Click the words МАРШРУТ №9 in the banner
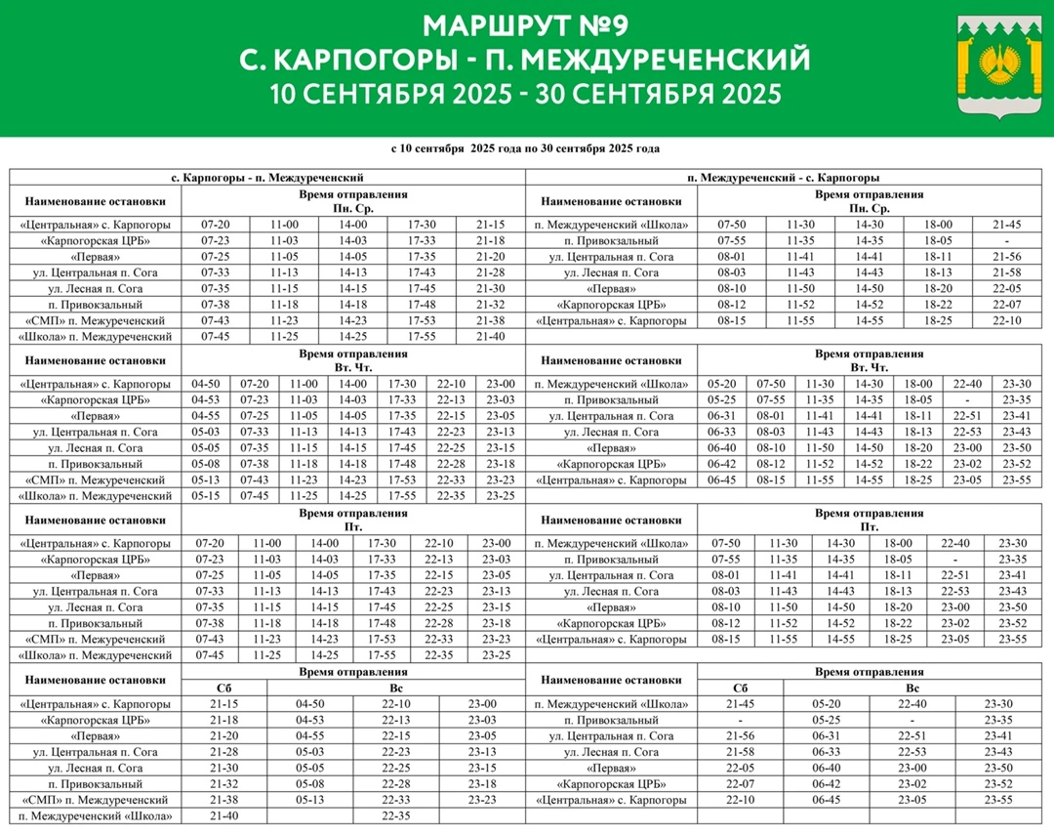525,24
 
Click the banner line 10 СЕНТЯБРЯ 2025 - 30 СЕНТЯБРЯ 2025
526,95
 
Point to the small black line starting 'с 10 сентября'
525,149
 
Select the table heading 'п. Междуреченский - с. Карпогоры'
790,178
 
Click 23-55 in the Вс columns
998,800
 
